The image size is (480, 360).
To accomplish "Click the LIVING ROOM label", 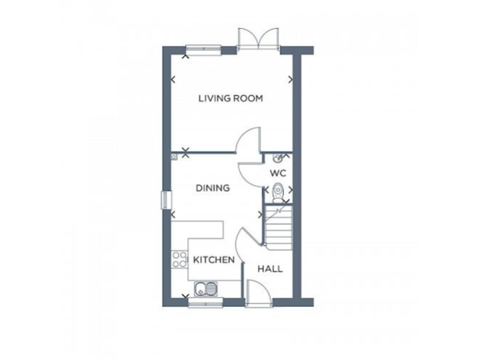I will (231, 98).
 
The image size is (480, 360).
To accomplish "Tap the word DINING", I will (212, 187).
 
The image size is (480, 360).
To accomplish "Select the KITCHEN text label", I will (213, 259).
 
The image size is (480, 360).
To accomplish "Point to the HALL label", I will (270, 269).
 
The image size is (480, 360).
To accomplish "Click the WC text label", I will (277, 172).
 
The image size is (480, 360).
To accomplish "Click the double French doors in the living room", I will (258, 39).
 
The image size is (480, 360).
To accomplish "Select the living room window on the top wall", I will (203, 48).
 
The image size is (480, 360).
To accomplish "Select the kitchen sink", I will (205, 289).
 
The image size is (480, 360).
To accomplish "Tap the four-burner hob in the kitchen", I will (179, 259).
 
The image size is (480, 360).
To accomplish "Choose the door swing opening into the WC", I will (250, 169).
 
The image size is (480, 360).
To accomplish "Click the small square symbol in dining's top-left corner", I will (174, 157).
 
